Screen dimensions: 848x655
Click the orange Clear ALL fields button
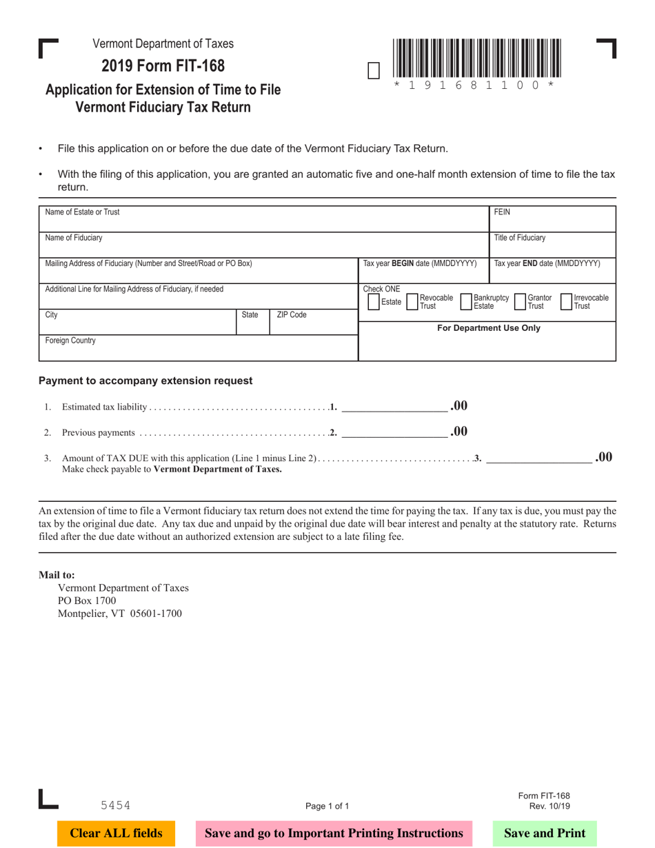(x=116, y=833)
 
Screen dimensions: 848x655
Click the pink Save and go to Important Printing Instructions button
(x=334, y=833)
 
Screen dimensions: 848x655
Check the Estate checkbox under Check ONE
(x=374, y=302)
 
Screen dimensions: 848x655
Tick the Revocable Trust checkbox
(x=413, y=302)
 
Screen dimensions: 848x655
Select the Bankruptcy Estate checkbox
(x=466, y=302)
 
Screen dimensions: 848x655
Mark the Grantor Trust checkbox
(x=521, y=302)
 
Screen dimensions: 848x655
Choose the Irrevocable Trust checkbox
(x=566, y=302)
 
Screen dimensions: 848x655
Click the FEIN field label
(x=502, y=212)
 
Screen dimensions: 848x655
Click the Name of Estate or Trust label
(x=82, y=212)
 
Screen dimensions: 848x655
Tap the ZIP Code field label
(x=291, y=315)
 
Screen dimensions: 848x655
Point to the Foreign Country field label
(x=70, y=341)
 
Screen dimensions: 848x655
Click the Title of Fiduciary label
(x=519, y=238)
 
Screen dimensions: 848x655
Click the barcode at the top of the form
(x=477, y=58)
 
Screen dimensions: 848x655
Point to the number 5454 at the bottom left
(x=115, y=805)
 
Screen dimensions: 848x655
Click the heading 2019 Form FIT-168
(x=163, y=66)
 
